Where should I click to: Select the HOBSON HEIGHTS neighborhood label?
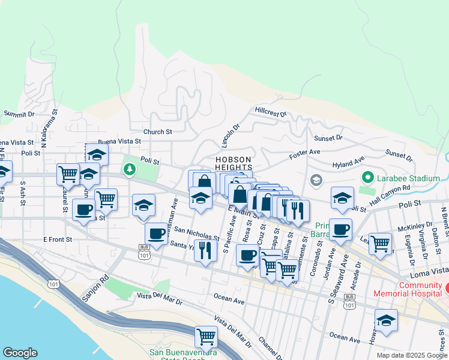[x=233, y=164]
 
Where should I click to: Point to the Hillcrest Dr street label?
[x=271, y=112]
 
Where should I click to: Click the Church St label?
[x=157, y=131]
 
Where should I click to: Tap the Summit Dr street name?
[x=19, y=113]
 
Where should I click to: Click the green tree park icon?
[x=129, y=170]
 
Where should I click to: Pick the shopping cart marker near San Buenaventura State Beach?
[x=206, y=337]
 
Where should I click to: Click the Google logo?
[x=20, y=353]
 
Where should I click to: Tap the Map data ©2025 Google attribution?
[x=411, y=355]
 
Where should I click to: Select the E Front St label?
[x=58, y=239]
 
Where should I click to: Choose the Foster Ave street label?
[x=303, y=155]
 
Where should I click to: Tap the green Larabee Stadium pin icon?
[x=368, y=178]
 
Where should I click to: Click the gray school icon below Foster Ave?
[x=316, y=180]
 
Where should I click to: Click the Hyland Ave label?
[x=348, y=163]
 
